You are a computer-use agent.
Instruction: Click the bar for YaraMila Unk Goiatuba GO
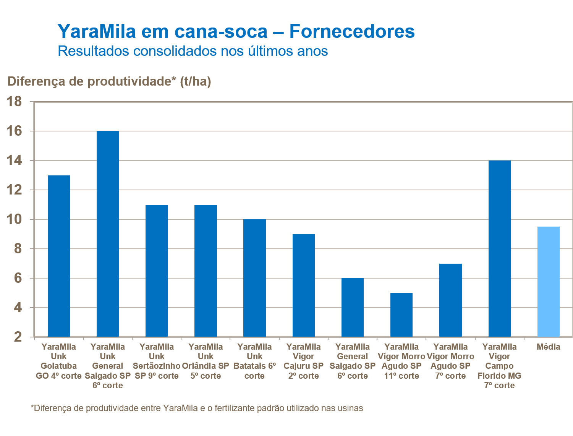point(59,256)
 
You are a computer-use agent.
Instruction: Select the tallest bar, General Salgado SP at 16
point(108,234)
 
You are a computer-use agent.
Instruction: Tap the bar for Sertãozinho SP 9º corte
point(157,271)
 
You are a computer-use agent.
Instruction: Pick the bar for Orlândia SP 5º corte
point(206,271)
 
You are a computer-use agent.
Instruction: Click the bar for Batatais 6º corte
point(254,278)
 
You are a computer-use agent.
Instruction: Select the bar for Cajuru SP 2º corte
point(304,285)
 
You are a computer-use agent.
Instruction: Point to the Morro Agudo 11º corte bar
point(401,315)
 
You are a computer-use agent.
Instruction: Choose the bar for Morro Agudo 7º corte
point(450,300)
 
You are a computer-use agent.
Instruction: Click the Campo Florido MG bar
point(499,248)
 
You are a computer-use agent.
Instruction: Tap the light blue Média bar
point(548,282)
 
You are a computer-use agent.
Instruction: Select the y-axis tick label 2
point(18,337)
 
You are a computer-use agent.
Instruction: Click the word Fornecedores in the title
point(352,31)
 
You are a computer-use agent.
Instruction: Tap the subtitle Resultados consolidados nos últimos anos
point(193,51)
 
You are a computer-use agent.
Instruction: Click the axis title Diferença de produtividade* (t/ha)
point(109,81)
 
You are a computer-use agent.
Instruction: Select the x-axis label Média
point(548,347)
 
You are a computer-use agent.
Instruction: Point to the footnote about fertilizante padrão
point(197,408)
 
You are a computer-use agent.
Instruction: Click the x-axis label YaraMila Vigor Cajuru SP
point(304,361)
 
